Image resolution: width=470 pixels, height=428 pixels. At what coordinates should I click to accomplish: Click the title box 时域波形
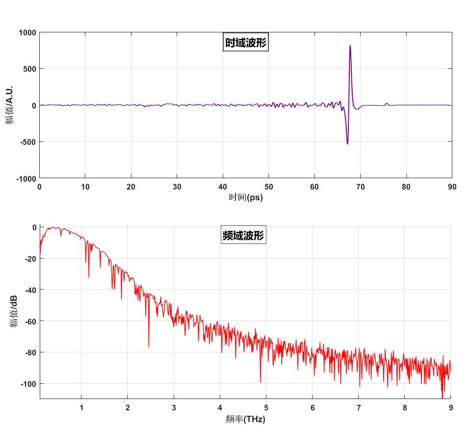245,43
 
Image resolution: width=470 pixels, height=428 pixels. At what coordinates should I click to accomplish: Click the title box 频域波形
243,236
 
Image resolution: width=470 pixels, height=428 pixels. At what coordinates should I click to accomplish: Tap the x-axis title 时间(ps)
246,198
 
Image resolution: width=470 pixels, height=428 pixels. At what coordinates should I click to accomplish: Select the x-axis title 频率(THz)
245,419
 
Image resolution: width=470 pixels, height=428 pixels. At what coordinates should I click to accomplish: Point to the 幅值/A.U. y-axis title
9,105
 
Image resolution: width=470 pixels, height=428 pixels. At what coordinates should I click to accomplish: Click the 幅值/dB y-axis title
13,312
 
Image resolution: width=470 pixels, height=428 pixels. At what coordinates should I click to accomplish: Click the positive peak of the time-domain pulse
350,46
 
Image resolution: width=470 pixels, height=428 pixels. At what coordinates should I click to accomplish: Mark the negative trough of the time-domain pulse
347,144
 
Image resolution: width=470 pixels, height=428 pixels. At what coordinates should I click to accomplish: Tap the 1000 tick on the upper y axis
27,32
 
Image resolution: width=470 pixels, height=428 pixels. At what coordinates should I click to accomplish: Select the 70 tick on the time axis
360,187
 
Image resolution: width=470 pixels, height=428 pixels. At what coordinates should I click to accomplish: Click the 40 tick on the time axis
223,187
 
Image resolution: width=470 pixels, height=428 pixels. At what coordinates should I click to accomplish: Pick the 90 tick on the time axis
452,187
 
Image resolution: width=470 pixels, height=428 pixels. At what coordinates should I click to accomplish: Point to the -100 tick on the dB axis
28,383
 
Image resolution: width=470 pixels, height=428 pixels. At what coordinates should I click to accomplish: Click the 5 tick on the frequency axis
266,407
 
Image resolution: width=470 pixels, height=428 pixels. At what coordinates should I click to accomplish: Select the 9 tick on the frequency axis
450,407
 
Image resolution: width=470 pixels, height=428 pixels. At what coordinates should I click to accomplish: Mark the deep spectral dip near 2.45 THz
149,347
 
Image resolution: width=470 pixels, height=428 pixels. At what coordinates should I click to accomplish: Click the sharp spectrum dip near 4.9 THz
260,381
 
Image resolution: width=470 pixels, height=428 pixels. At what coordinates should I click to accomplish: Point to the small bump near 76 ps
387,103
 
